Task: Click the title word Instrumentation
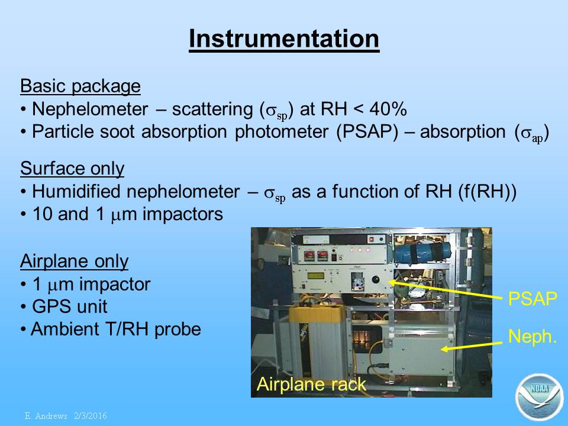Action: pyautogui.click(x=284, y=38)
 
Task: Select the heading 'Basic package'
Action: pyautogui.click(x=80, y=86)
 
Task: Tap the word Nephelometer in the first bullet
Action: pyautogui.click(x=90, y=109)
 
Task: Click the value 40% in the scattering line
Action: pyautogui.click(x=388, y=109)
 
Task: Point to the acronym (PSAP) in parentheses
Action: pyautogui.click(x=367, y=132)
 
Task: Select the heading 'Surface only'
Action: pyautogui.click(x=72, y=169)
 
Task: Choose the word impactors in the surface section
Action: pyautogui.click(x=183, y=214)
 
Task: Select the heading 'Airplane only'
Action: pyautogui.click(x=75, y=262)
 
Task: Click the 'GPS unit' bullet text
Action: pyautogui.click(x=70, y=306)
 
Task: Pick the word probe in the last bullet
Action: pyautogui.click(x=177, y=330)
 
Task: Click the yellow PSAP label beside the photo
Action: pyautogui.click(x=532, y=299)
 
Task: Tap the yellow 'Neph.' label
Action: pyautogui.click(x=532, y=337)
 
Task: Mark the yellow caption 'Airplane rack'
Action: pyautogui.click(x=311, y=384)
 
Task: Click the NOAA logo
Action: pyautogui.click(x=540, y=397)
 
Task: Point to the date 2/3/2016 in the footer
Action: pyautogui.click(x=91, y=416)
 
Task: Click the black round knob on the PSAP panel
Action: pyautogui.click(x=376, y=280)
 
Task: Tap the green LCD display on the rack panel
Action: pyautogui.click(x=315, y=276)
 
